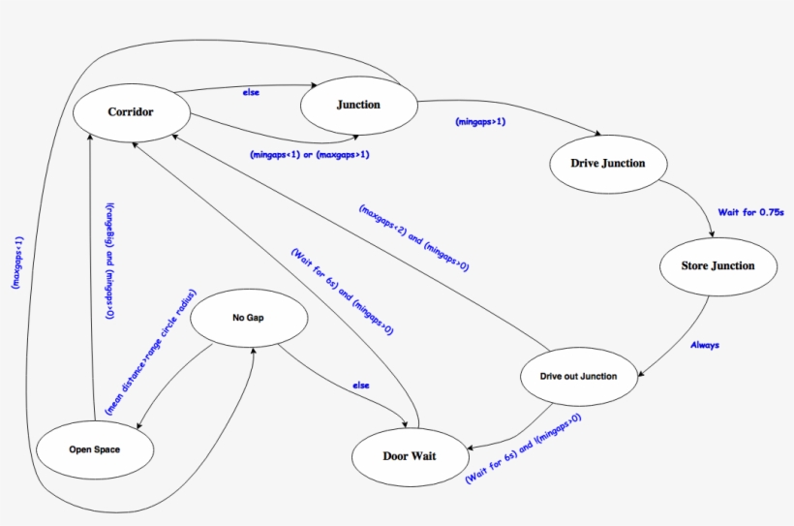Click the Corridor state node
(131, 111)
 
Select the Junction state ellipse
(357, 105)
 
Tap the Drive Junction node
(609, 163)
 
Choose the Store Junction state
(718, 265)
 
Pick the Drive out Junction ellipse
(579, 376)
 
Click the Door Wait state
(409, 455)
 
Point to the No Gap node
(248, 318)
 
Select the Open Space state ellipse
(95, 449)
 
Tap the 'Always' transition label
(704, 344)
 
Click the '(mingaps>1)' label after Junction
(480, 122)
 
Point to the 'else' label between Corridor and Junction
(251, 93)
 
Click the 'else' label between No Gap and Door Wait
(361, 386)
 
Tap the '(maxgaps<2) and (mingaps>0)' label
(413, 237)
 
